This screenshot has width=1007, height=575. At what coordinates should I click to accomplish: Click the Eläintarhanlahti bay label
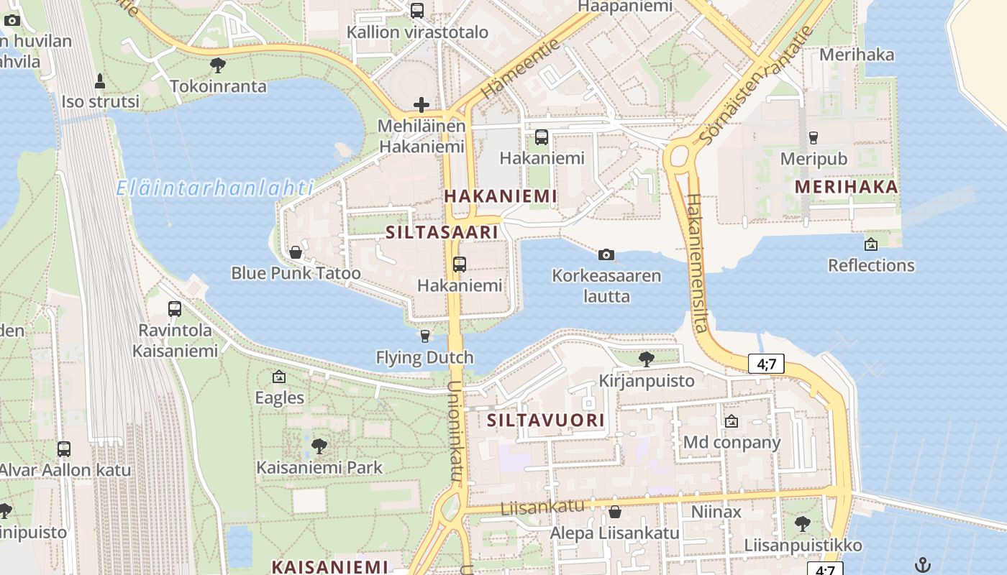click(x=215, y=189)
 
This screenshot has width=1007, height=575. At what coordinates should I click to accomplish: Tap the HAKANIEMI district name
click(x=501, y=196)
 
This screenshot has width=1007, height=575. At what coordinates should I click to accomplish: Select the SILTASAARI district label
click(x=442, y=233)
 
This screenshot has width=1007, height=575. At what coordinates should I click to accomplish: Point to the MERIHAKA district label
click(x=847, y=188)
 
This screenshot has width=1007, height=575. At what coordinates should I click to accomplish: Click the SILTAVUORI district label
click(x=546, y=420)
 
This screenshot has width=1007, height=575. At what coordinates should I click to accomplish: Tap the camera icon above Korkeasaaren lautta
click(x=606, y=254)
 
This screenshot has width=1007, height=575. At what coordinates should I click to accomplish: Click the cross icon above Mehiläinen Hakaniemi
click(x=422, y=106)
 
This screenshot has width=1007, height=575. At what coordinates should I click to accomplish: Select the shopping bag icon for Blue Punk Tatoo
click(x=295, y=252)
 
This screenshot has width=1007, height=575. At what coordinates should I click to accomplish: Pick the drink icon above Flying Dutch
click(x=425, y=336)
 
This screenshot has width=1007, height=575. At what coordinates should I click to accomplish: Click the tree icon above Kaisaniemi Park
click(x=319, y=446)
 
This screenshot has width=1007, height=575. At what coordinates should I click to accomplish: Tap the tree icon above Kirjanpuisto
click(x=646, y=359)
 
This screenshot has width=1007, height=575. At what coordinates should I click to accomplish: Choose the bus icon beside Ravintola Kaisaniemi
click(x=175, y=309)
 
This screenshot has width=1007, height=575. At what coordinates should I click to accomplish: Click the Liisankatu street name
click(x=532, y=506)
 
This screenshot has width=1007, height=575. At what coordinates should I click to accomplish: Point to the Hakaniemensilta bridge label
click(x=696, y=263)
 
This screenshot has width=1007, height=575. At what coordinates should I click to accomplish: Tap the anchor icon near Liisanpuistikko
click(x=923, y=565)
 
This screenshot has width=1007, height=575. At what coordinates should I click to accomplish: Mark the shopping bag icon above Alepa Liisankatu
click(x=614, y=512)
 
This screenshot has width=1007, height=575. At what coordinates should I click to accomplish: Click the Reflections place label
click(x=871, y=265)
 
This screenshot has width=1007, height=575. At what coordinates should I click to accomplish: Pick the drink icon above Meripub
click(x=814, y=137)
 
